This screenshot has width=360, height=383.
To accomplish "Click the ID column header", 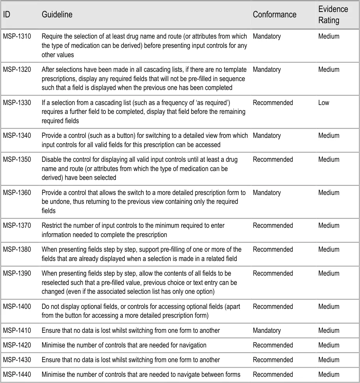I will (x=7, y=15).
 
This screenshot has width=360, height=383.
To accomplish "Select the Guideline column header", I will (x=57, y=15).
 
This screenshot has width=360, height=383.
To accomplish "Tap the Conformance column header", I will (x=274, y=15).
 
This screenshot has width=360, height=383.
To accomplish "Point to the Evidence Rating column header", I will (x=333, y=15).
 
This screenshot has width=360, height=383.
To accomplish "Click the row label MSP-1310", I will (x=17, y=36).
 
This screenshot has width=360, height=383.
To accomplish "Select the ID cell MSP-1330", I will (x=17, y=103).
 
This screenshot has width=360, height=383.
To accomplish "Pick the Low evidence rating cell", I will (x=324, y=103).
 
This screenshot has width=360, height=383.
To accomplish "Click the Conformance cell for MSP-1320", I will (x=267, y=69).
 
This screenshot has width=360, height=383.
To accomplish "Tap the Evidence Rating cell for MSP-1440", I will (x=329, y=374).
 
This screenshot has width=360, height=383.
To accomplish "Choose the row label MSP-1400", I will (x=17, y=307).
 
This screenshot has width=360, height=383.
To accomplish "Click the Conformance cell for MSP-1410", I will (x=267, y=330).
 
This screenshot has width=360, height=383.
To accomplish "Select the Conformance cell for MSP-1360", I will (x=267, y=193).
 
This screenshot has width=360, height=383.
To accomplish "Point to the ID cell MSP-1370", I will (x=17, y=225).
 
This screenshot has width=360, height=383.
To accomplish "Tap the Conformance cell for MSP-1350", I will (x=273, y=159).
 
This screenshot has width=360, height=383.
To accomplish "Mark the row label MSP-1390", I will (x=17, y=273).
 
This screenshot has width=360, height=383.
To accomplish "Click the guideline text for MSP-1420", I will (x=124, y=345).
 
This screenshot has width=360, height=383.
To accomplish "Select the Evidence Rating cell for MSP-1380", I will (x=329, y=249).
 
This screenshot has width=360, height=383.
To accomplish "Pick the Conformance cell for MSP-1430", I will (x=273, y=360).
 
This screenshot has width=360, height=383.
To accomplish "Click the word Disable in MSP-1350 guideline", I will (x=51, y=159).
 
